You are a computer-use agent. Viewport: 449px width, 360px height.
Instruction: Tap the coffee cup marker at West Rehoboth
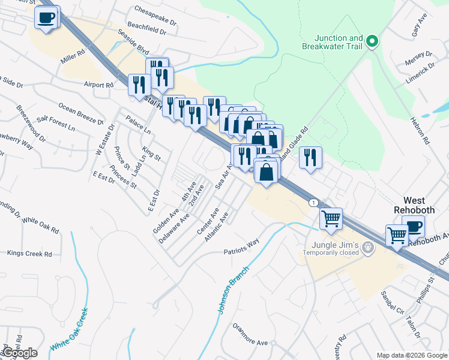(414, 227)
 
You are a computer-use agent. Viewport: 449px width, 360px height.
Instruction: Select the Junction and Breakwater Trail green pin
(372, 41)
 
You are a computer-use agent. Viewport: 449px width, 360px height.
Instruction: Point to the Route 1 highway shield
(314, 203)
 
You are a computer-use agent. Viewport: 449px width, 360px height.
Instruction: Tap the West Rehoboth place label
(413, 205)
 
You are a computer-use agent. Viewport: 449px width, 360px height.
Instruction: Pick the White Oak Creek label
(69, 330)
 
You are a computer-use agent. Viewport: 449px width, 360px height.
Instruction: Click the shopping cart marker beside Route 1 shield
(331, 219)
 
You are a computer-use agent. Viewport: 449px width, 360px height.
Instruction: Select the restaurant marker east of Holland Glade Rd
(310, 158)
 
